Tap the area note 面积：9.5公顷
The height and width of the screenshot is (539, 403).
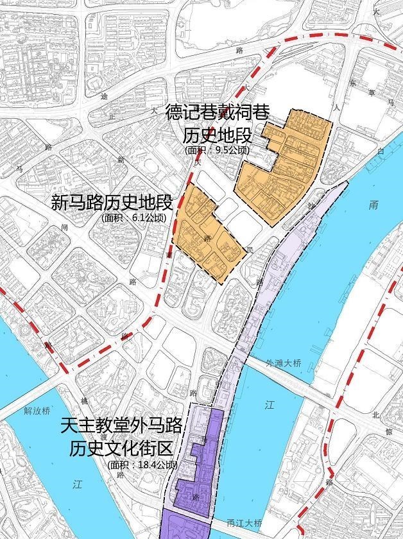(x=215, y=150)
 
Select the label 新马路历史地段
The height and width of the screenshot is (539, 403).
(x=112, y=203)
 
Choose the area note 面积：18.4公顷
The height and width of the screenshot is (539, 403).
(x=142, y=465)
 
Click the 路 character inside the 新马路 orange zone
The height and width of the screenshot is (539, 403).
(x=207, y=238)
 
